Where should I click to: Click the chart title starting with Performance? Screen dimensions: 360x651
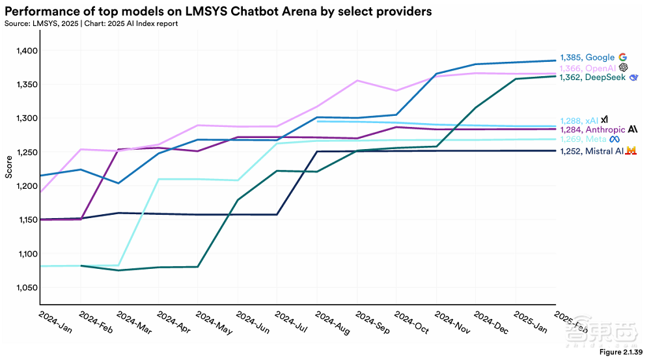(x=218, y=12)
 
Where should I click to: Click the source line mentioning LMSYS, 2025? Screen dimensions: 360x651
(x=91, y=23)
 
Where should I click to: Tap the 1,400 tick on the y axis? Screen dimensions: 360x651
(x=26, y=51)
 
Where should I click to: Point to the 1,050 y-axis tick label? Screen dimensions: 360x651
(x=26, y=288)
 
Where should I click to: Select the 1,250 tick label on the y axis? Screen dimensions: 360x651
(x=26, y=152)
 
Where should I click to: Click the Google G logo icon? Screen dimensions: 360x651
(x=622, y=57)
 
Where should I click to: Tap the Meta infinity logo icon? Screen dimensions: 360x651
(x=614, y=139)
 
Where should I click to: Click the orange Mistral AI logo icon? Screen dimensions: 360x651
(x=630, y=151)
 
